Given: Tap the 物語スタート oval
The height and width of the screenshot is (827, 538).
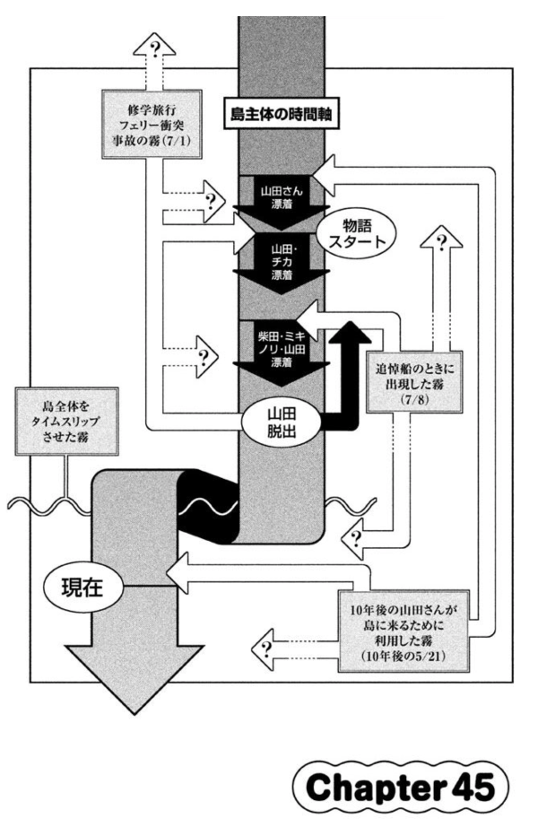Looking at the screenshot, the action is click(357, 235).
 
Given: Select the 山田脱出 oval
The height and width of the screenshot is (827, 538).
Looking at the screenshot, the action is click(282, 424).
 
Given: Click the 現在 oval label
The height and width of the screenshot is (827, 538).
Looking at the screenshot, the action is click(82, 588).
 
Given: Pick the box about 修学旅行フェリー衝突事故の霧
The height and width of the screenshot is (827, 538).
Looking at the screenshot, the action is click(151, 124).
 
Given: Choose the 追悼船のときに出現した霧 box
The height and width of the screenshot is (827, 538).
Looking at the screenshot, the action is click(414, 382).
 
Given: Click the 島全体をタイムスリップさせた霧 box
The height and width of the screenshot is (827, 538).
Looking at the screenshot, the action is click(66, 422).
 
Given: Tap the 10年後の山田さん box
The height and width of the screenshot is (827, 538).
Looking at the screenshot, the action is click(403, 631).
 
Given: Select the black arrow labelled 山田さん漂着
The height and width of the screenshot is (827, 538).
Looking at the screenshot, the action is click(282, 204).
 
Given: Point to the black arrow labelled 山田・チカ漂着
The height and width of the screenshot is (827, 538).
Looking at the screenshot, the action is click(282, 263).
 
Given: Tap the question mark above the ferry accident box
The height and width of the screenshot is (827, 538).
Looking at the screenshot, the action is click(154, 50).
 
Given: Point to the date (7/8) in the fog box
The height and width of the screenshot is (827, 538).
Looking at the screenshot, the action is click(414, 400).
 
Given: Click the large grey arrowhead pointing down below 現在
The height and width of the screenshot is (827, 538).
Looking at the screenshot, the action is click(134, 681).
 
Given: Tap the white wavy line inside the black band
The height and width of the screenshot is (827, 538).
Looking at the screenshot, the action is click(209, 508).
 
